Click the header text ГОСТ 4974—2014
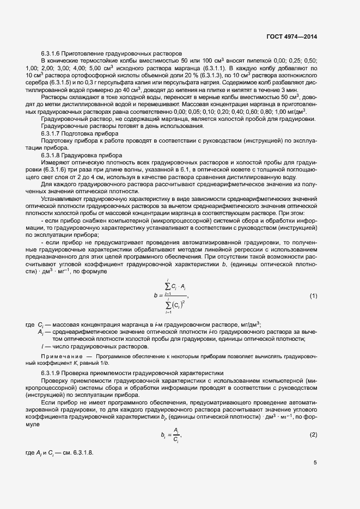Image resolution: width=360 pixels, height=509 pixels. [x=292, y=36]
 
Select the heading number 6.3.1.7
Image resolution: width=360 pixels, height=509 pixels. [x=52, y=133]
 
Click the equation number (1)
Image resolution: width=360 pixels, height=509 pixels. [x=313, y=296]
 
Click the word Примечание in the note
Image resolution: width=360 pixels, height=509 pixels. [x=59, y=355]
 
